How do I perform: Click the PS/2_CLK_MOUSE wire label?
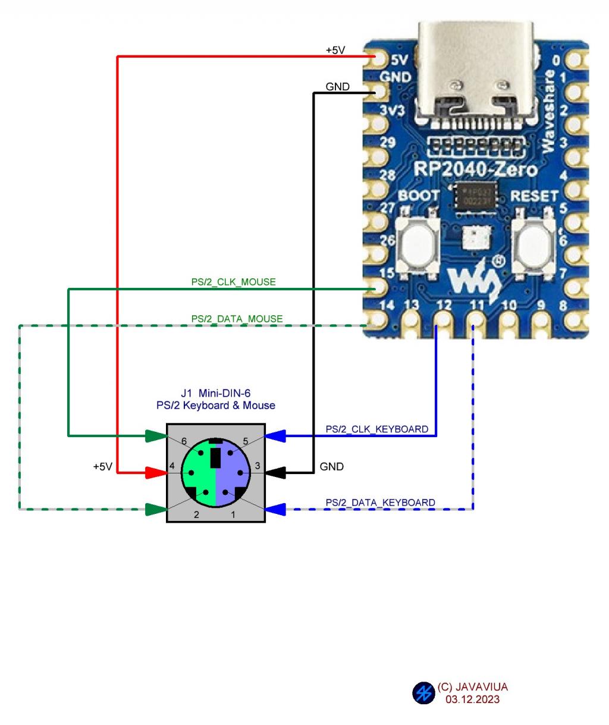click(233, 282)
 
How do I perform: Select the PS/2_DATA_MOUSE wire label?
click(237, 319)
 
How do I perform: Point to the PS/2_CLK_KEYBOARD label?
click(376, 429)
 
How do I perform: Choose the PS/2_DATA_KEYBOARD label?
click(380, 503)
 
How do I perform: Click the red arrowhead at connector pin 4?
click(156, 473)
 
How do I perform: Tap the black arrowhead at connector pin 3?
click(275, 473)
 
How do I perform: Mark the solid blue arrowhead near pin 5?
click(275, 436)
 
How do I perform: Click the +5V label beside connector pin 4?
click(102, 467)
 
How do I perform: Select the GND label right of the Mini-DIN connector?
click(331, 467)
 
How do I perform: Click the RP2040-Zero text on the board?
click(475, 170)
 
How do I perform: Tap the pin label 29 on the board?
click(388, 143)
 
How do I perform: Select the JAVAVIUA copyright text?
click(472, 687)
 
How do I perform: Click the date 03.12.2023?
click(472, 699)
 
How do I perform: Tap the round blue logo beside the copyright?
click(423, 693)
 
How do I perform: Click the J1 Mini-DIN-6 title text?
click(215, 393)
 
